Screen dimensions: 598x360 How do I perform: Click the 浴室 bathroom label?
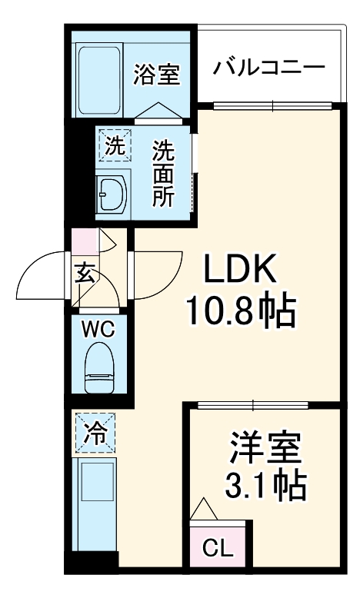[x=156, y=75]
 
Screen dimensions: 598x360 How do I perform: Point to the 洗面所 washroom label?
[x=162, y=174]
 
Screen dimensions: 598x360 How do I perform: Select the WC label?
[x=98, y=331]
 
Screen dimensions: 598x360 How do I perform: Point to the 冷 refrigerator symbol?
[x=94, y=434]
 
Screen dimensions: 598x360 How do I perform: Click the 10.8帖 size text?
[x=240, y=311]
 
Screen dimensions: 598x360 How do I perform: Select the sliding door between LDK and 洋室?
[x=254, y=405]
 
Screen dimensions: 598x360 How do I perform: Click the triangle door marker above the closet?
[x=204, y=508]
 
